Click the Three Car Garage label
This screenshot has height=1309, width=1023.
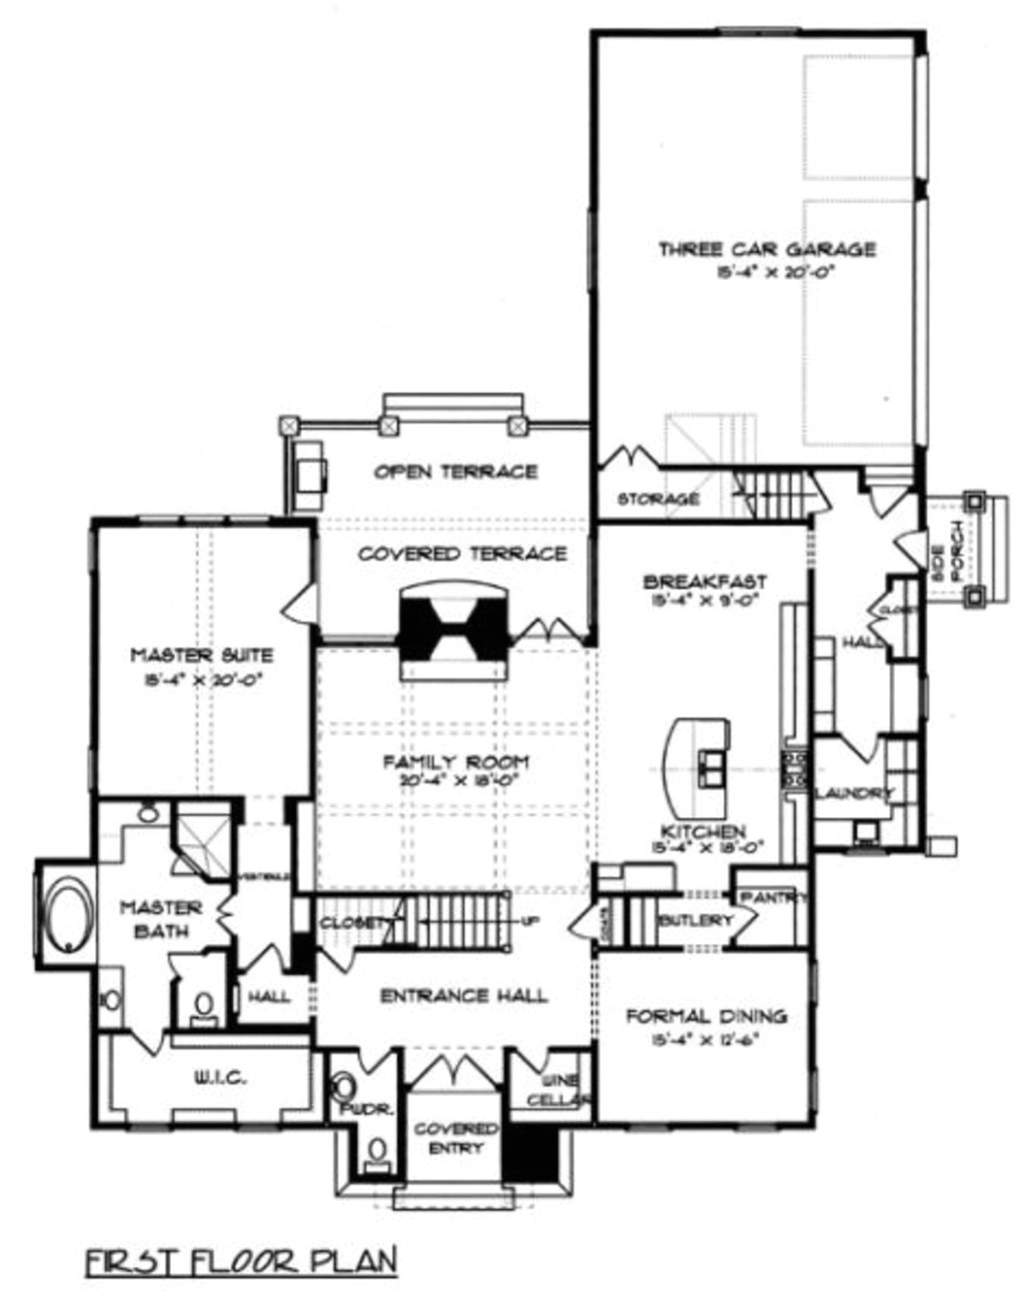pos(766,249)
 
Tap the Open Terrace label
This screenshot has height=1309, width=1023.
pos(456,471)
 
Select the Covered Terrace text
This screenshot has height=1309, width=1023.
pos(462,554)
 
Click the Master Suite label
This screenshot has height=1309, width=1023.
pos(202,655)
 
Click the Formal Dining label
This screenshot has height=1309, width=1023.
pos(705,1016)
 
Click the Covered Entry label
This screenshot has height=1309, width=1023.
pos(456,1137)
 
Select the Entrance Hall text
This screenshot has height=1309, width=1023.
pos(464,995)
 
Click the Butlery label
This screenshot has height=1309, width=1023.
pos(695,920)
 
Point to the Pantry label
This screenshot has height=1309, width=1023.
pos(774,898)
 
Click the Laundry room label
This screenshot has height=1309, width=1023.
pos(853,792)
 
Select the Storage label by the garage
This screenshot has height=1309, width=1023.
pos(657,498)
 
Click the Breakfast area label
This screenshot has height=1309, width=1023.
pos(704,582)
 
